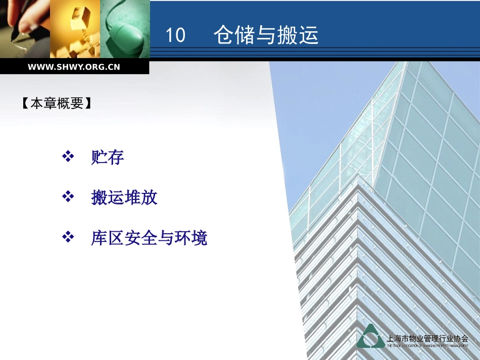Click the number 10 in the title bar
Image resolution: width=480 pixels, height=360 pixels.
[x=175, y=36]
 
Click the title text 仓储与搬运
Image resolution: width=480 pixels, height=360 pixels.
[x=266, y=35]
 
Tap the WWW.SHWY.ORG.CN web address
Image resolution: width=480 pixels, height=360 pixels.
[x=74, y=67]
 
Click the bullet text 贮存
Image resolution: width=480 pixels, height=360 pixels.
[x=108, y=158]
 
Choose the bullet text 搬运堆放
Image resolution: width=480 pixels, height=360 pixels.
[x=124, y=197]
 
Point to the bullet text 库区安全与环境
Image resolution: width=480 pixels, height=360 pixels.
[x=149, y=238]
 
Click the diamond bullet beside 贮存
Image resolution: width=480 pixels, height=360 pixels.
[x=68, y=157]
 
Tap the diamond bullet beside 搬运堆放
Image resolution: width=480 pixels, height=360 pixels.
[x=68, y=197]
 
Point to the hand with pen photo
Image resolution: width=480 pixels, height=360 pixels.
[x=25, y=29]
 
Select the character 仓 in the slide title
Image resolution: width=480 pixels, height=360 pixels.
[x=223, y=35]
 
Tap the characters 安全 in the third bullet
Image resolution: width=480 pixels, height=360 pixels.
[x=141, y=238]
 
